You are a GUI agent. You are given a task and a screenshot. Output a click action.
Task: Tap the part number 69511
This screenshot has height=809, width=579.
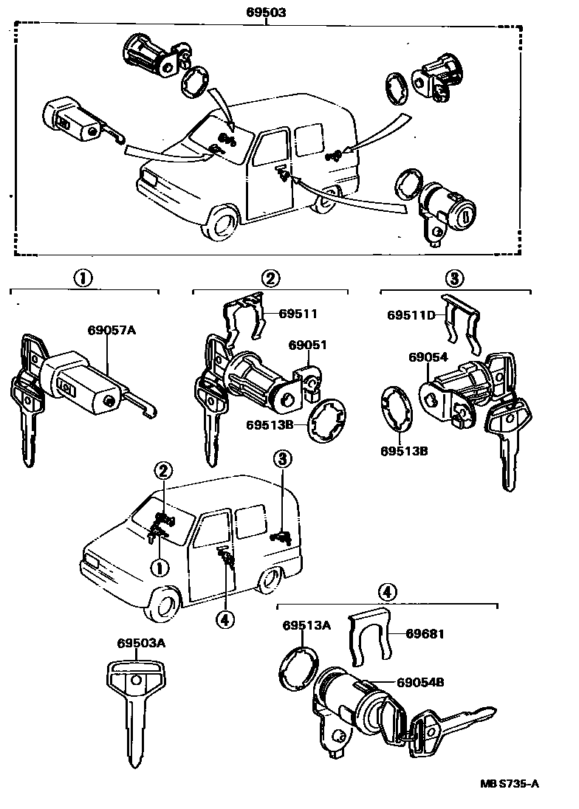coord(298,314)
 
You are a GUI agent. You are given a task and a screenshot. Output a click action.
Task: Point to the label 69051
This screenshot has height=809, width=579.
coord(307,345)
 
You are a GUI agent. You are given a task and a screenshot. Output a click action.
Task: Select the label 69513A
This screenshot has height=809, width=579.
coord(306,625)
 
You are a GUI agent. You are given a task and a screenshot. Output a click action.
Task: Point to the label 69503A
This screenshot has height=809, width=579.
coord(140,643)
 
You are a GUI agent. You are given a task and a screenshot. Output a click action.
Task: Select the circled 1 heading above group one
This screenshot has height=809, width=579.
coord(83,278)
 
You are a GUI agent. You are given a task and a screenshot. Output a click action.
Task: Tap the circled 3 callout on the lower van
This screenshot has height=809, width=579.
coord(284,458)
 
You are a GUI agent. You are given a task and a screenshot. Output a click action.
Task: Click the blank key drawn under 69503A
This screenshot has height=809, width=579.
coord(136,709)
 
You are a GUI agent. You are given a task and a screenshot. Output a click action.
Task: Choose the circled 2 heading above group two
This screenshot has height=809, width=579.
coord(270,278)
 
